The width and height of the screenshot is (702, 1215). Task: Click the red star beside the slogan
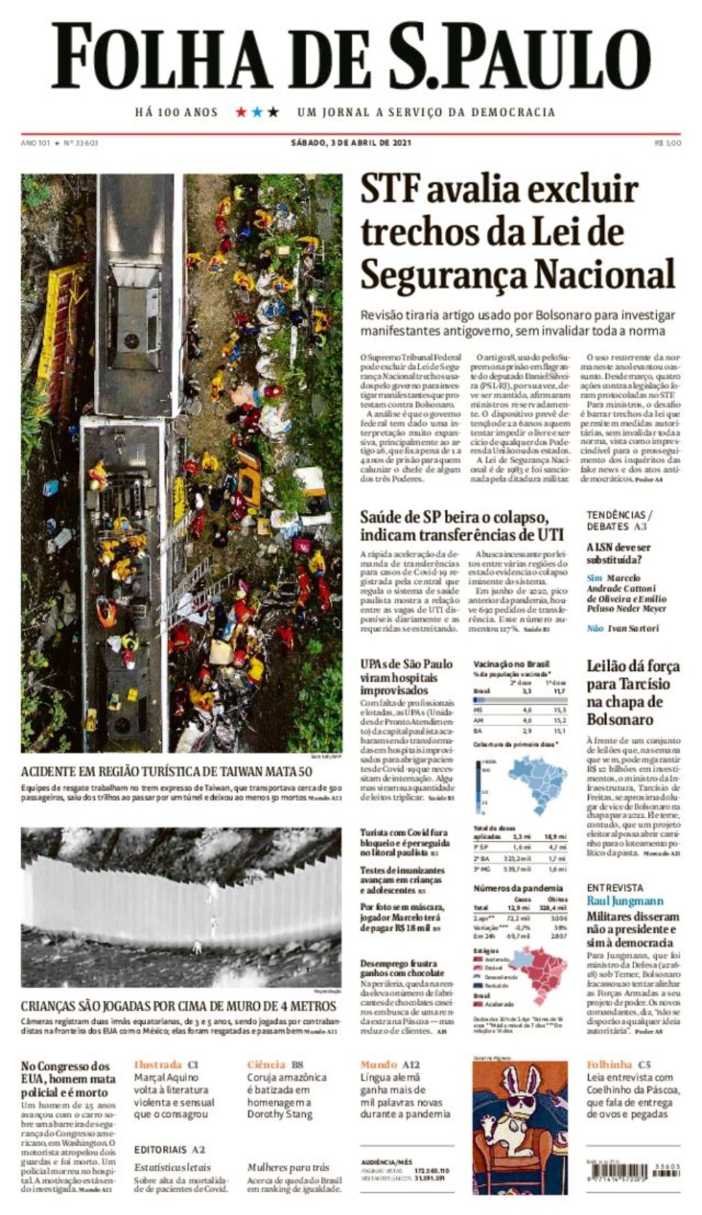(x=241, y=112)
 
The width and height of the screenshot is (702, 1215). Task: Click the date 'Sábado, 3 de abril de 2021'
(x=350, y=143)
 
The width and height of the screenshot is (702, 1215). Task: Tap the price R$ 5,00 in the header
(x=668, y=143)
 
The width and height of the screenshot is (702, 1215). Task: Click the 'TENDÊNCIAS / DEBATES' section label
(x=619, y=520)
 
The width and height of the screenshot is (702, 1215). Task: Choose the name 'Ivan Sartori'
(x=633, y=628)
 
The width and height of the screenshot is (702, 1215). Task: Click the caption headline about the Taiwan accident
(x=167, y=772)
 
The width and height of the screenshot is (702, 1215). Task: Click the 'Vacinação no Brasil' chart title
(x=511, y=664)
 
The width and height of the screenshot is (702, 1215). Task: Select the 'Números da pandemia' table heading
(x=518, y=888)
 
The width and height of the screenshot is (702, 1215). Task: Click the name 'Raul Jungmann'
(x=625, y=901)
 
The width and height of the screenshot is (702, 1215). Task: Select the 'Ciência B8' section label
(x=275, y=1064)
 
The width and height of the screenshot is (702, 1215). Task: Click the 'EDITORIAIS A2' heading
(x=169, y=1150)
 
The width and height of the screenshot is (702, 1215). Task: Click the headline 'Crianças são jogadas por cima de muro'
(x=178, y=1006)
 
